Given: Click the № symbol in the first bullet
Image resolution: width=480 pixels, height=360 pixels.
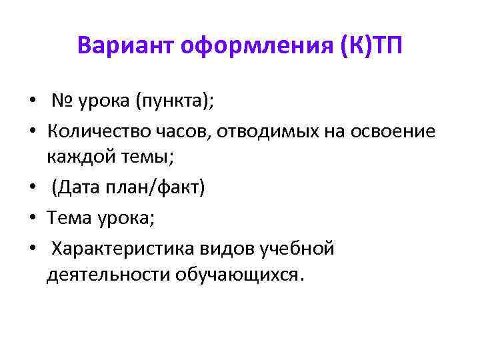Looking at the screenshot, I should [x=63, y=101].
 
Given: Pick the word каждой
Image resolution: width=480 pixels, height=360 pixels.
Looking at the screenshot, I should [x=78, y=159].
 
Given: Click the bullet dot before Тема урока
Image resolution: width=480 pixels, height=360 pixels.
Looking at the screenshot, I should [x=31, y=218].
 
